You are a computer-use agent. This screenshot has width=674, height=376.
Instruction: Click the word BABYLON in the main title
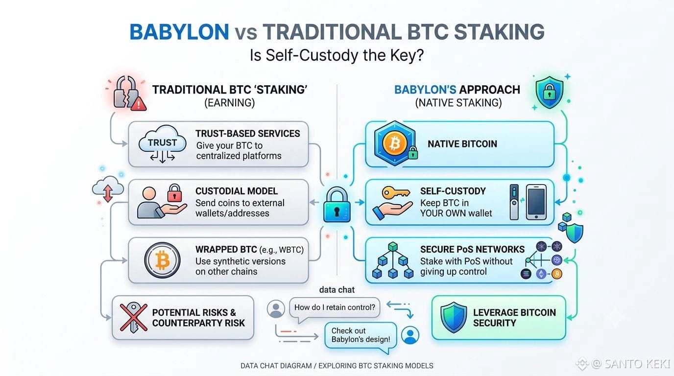179,32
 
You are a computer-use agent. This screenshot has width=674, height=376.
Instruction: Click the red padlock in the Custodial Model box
174,193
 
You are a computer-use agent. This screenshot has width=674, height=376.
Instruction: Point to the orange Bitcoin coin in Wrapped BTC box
163,260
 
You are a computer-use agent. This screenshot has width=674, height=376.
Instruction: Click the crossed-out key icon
134,317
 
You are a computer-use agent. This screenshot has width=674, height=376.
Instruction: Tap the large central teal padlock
337,205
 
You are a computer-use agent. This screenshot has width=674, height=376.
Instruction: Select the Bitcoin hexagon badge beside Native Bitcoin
395,143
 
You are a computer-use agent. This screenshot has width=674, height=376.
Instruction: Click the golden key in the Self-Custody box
396,192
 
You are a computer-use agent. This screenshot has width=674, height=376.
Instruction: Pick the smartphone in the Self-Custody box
536,202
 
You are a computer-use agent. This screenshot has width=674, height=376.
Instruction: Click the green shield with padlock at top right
550,92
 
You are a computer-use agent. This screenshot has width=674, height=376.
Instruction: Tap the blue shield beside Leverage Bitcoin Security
454,317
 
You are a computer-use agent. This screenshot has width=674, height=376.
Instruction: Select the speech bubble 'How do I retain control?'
335,308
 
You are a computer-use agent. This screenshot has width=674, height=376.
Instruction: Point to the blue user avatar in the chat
410,335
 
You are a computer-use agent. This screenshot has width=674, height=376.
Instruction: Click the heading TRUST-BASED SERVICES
248,134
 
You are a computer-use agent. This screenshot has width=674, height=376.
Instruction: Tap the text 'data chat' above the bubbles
337,290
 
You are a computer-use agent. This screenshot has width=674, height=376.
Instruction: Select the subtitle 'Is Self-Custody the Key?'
337,55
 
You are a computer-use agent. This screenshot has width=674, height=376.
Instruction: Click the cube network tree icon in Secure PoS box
393,260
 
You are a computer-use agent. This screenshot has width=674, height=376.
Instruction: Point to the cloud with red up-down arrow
108,189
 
